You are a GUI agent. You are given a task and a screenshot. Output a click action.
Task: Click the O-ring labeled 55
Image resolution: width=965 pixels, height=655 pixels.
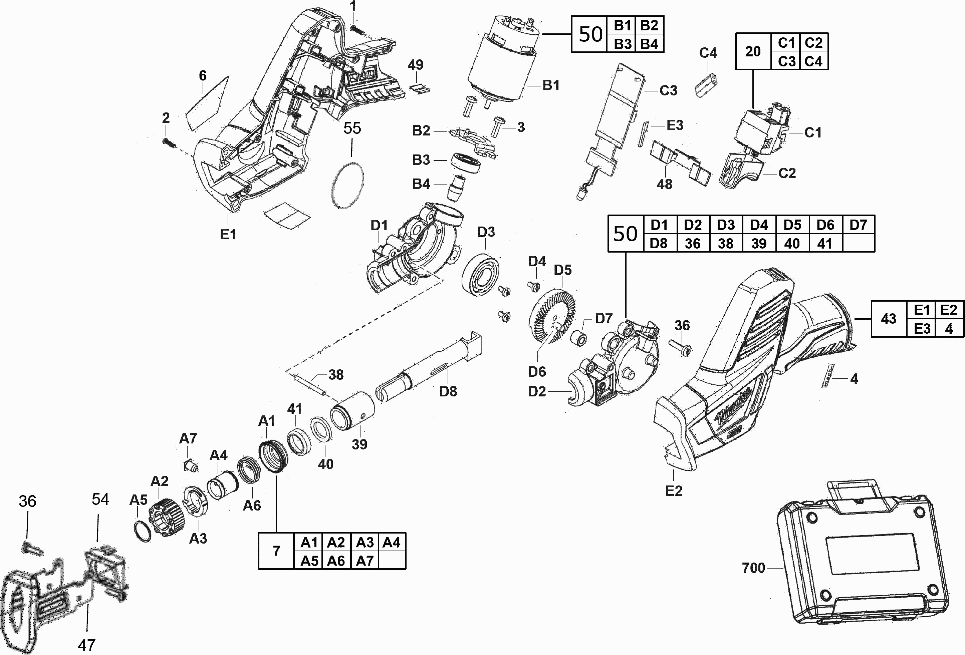coord(347,186)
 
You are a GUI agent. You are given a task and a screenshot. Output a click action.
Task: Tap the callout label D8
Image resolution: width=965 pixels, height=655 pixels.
coord(448,391)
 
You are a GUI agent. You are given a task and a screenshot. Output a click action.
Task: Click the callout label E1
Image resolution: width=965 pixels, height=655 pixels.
coord(228,234)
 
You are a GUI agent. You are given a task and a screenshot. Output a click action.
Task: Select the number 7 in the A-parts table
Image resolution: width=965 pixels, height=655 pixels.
coord(276,551)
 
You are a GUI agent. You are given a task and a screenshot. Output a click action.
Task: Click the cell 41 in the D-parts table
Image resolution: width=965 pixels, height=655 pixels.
coord(825,243)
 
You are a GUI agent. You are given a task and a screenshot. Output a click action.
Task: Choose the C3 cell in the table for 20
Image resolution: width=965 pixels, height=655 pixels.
coord(786,61)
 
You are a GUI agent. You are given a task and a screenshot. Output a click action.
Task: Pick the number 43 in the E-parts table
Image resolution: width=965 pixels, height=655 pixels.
coord(888,318)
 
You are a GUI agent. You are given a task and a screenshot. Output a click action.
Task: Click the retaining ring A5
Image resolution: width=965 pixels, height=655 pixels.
coord(143,532)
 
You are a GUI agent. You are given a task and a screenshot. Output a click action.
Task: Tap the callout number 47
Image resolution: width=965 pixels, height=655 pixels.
coord(86,645)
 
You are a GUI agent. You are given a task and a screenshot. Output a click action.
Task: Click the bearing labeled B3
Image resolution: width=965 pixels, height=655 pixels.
coord(466,163)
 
